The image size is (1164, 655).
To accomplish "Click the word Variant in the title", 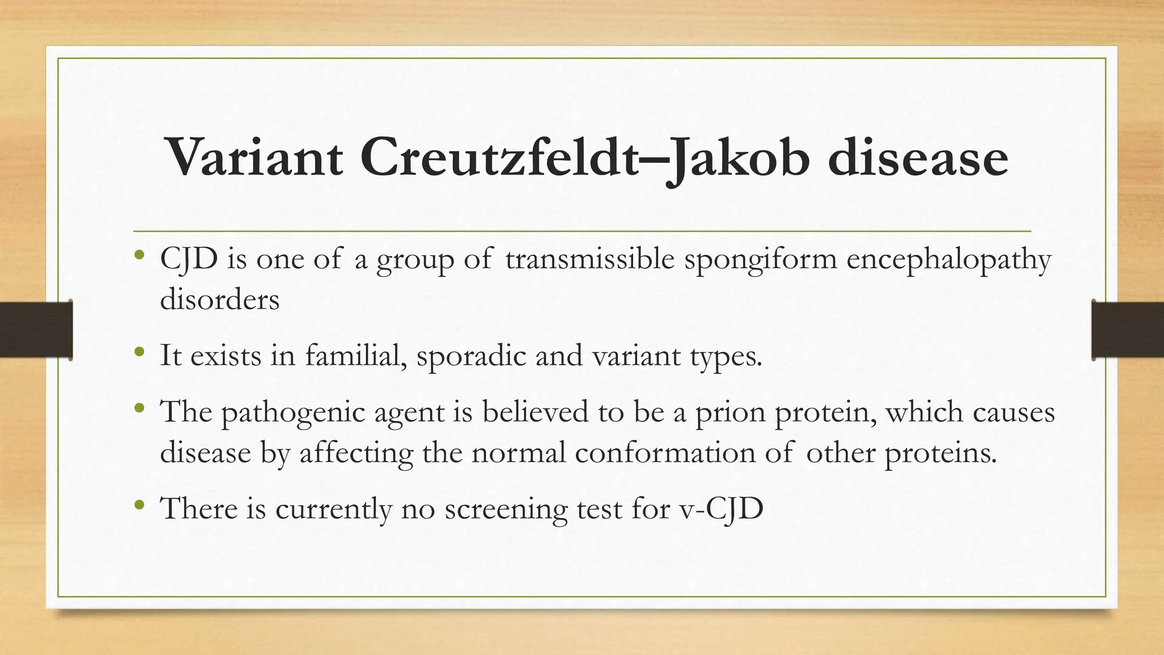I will point(254,157).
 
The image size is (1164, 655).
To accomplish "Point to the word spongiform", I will point(760,260).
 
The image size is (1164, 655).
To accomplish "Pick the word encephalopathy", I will point(949,260).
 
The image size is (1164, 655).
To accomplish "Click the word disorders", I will point(219,299).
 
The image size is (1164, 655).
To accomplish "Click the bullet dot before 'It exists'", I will point(140,353).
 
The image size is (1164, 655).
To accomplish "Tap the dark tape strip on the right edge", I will point(1128,330).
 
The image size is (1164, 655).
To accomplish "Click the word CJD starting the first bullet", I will point(189,260).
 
